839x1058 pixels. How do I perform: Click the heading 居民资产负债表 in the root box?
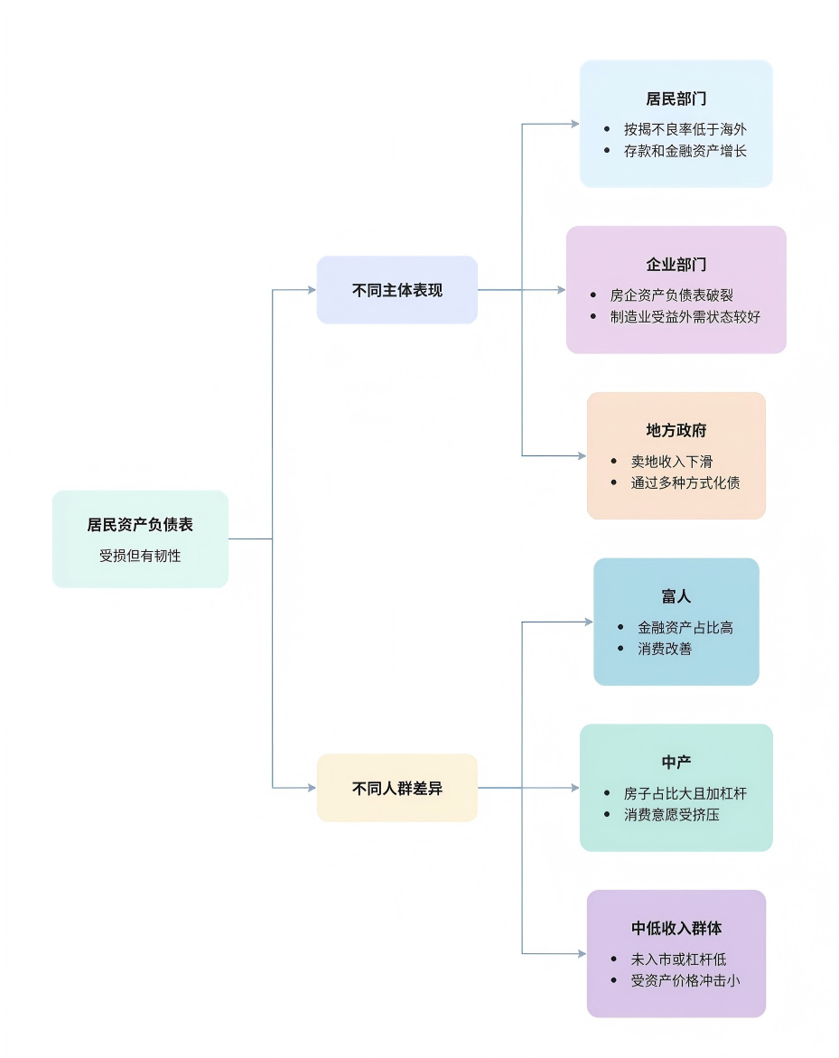point(140,525)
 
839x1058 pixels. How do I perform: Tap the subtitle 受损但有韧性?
point(140,557)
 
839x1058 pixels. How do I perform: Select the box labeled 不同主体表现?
point(396,290)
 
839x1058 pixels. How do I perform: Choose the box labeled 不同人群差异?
point(396,788)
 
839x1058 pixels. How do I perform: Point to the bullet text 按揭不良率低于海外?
point(685,129)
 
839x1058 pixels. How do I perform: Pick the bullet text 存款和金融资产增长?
point(685,151)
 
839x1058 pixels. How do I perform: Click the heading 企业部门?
point(676,265)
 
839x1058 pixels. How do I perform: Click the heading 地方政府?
point(676,431)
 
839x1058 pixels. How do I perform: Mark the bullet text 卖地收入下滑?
point(671,462)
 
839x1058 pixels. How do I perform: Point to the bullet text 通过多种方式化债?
point(685,482)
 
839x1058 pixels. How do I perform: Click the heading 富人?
point(676,597)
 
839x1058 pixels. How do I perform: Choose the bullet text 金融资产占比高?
point(685,627)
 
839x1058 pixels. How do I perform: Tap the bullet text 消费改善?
point(665,649)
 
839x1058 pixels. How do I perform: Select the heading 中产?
point(676,763)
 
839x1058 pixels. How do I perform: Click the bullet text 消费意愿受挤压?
point(671,815)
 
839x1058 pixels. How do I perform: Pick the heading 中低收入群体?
point(676,929)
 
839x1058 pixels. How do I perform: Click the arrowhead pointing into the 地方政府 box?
point(582,456)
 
